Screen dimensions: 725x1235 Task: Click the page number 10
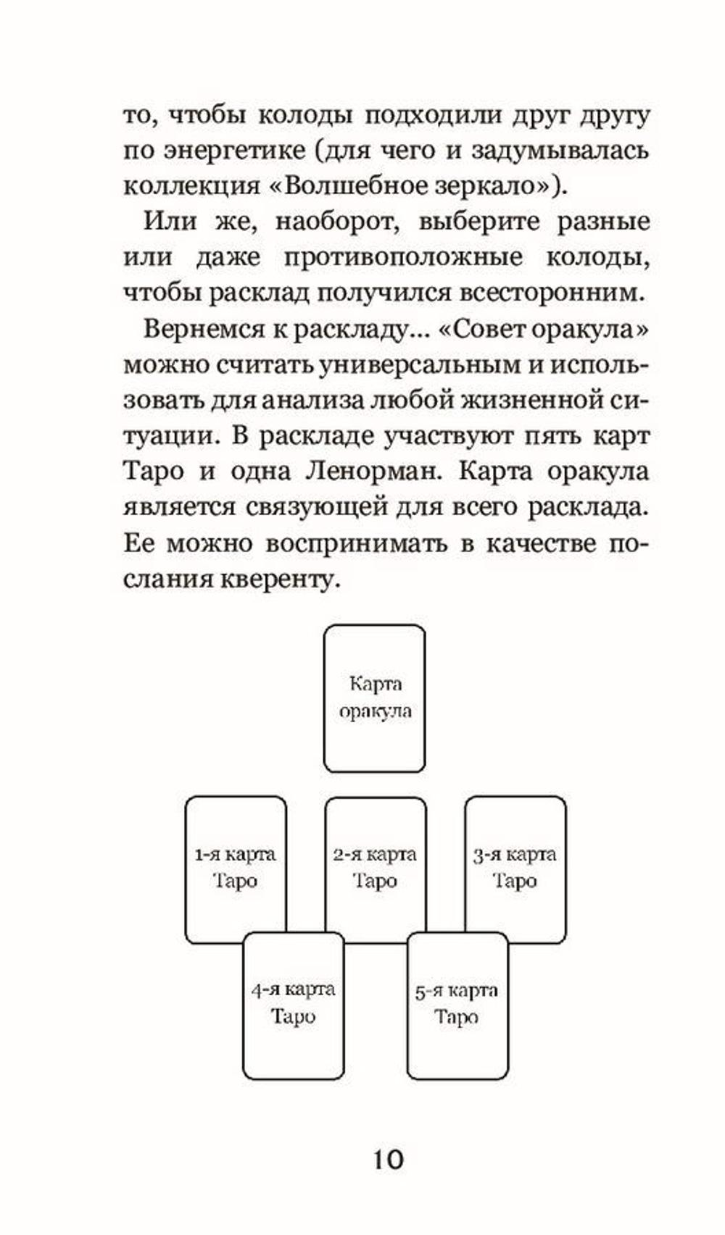(x=388, y=1159)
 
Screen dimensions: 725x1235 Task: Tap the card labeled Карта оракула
(x=374, y=698)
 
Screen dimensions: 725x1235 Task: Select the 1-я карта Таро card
(x=235, y=867)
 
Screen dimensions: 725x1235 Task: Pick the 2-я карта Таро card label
(x=375, y=867)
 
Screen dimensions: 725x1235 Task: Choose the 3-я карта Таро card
(x=515, y=867)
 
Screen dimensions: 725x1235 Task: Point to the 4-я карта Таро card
(x=293, y=1003)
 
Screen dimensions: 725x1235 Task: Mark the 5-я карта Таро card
(x=456, y=1004)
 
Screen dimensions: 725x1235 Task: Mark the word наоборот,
(x=337, y=221)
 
